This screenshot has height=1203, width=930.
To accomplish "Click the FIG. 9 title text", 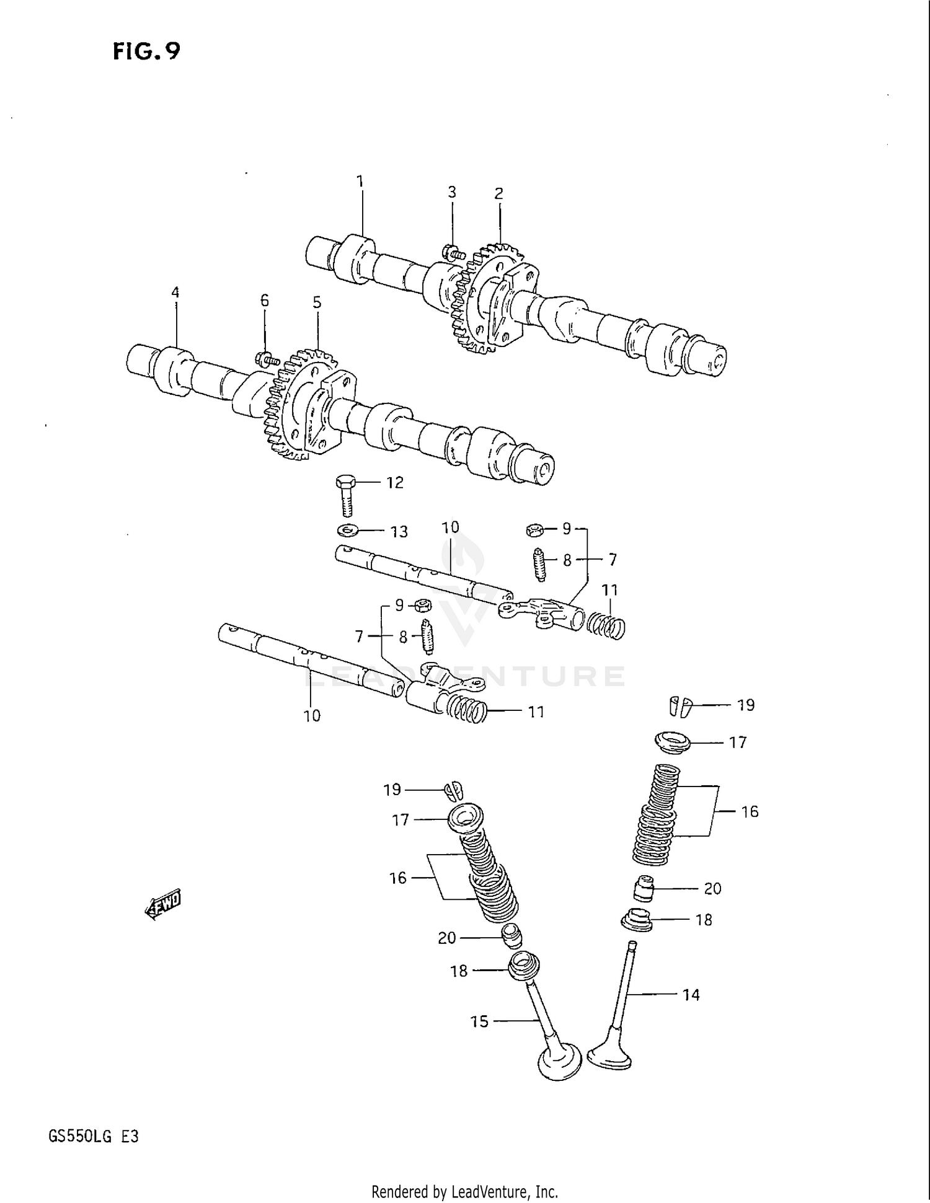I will pos(146,51).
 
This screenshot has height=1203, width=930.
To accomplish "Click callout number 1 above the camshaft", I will pos(360,182).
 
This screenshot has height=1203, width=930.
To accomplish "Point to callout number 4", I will pos(175,293).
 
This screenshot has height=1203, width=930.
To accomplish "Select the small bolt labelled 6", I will pos(267,358).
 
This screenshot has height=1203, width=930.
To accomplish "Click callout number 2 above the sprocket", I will pos(498,193).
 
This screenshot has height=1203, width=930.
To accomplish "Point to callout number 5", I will pos(317,302).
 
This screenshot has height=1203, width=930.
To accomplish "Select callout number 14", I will pos(691,995).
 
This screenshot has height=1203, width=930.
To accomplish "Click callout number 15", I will pos(479,1021).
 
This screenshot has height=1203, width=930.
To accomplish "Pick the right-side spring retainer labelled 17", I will pos(673,741).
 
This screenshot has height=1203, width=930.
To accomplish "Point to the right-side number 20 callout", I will pos(712,888).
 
